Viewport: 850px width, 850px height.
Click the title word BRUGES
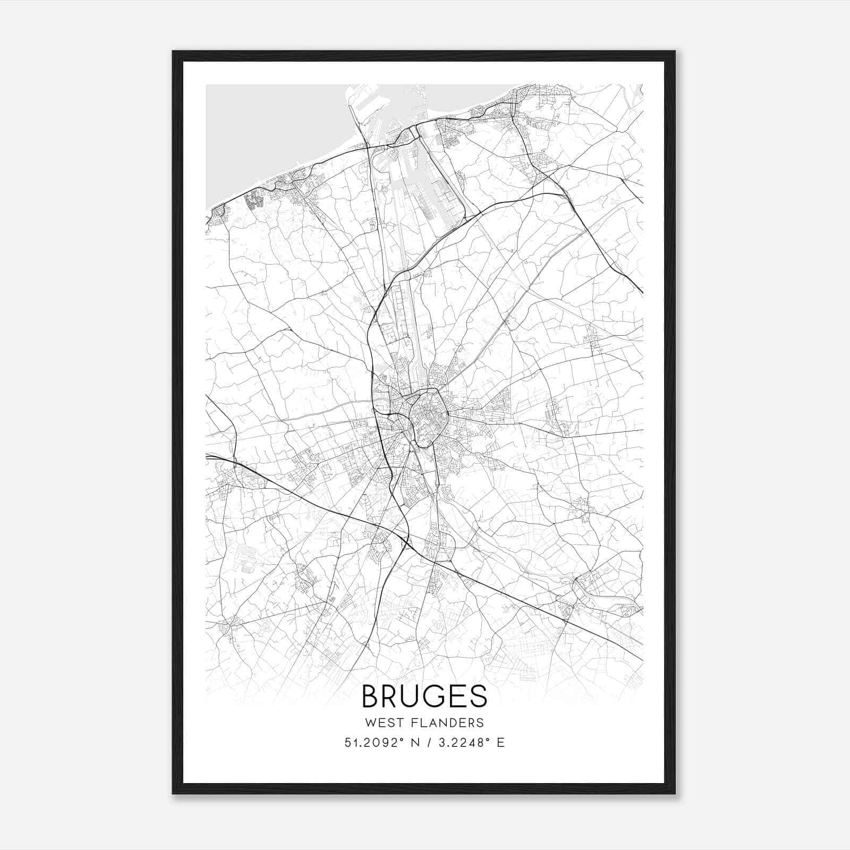[424, 696]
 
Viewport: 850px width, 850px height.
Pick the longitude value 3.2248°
[460, 743]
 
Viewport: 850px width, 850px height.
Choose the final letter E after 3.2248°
[500, 743]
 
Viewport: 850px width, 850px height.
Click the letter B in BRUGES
[370, 696]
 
